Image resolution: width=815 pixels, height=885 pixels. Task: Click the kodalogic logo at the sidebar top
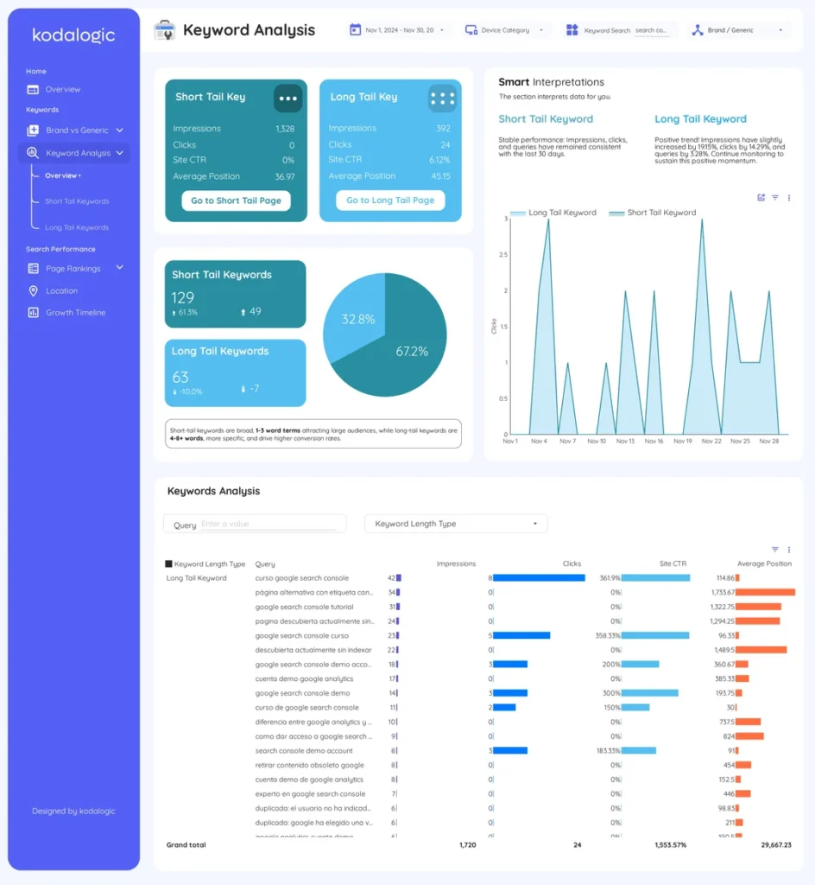tap(73, 35)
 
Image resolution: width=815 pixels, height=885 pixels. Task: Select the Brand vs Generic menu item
tap(76, 131)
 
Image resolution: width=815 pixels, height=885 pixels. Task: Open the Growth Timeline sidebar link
tap(75, 313)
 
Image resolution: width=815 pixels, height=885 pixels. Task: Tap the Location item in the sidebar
tap(61, 291)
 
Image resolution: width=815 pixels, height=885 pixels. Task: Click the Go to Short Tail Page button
tap(236, 201)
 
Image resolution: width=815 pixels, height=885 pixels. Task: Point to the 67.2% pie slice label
tap(412, 351)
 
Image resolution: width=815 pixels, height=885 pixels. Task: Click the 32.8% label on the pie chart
tap(358, 319)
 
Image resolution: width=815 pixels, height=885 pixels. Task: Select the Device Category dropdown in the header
tap(507, 30)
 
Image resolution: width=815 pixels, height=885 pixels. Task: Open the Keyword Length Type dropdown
tap(456, 524)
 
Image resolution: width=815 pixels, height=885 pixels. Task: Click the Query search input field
tap(268, 524)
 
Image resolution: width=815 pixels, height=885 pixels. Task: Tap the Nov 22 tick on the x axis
tap(711, 441)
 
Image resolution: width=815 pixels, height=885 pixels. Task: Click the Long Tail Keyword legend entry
tap(553, 213)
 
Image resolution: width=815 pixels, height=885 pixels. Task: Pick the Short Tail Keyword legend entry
tap(653, 213)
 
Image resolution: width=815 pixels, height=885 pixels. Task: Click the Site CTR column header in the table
tap(673, 563)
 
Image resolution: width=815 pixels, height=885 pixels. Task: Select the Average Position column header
tap(764, 563)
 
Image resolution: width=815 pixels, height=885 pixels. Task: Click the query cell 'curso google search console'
tap(302, 578)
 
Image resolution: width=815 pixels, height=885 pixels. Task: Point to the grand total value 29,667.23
tap(775, 844)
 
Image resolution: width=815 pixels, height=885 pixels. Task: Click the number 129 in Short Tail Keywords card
tap(183, 297)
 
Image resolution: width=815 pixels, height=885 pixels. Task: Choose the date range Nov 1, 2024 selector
tap(400, 30)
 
